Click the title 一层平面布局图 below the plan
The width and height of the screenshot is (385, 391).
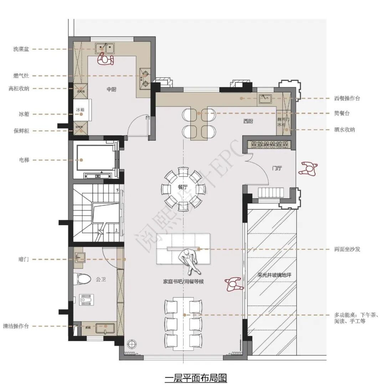[196, 378]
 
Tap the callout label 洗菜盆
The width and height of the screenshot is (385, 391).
[21, 49]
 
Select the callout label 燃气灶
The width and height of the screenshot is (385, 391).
[21, 76]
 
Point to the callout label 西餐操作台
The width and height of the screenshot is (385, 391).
[347, 98]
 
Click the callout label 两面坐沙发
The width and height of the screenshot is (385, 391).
[347, 249]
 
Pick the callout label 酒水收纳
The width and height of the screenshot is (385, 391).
[345, 130]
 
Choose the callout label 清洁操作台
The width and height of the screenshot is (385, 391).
[16, 326]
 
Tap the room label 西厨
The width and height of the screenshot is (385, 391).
[248, 121]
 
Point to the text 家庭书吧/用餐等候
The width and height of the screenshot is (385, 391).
[183, 281]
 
